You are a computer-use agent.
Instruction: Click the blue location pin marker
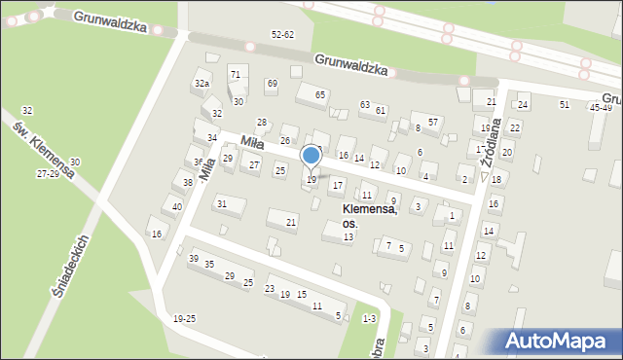coord(311,157)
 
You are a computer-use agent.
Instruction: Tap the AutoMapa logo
coord(560,341)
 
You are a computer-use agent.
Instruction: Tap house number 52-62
coord(282,34)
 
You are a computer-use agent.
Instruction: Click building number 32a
coord(202,84)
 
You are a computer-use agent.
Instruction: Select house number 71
coord(235,74)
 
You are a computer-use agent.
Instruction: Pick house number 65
coord(319,94)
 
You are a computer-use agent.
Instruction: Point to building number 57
coord(433,122)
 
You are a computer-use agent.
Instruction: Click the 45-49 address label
coord(601,107)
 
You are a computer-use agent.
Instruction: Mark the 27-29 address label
coord(48,173)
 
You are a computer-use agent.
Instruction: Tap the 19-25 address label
coord(184,319)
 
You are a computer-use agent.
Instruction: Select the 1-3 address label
coord(369,318)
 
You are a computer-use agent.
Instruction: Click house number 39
coord(194,258)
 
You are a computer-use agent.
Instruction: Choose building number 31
coord(222,203)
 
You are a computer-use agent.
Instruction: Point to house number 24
coord(523,104)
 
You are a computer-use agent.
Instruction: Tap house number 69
coord(272,84)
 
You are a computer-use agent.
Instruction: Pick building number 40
coord(176,206)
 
